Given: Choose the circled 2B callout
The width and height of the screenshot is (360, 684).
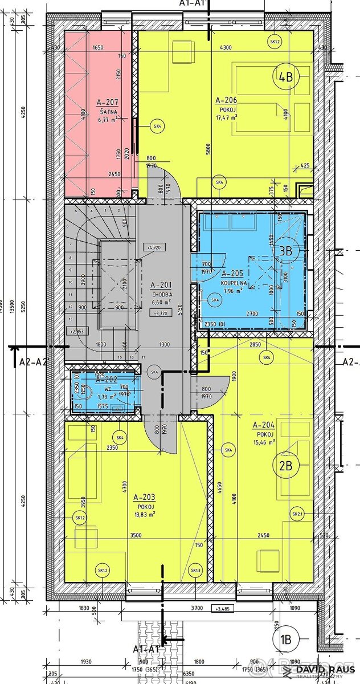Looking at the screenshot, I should pos(285,466).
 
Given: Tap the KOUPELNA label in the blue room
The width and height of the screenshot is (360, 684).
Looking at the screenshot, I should pos(228,282).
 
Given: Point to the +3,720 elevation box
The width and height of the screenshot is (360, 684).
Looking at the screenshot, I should pos(160,313).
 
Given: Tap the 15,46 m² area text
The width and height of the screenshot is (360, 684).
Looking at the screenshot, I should pos(264,441).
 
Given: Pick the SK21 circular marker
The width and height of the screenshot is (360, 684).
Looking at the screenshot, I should pos(296,515).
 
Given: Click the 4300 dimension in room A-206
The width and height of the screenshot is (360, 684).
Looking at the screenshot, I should pos(226,47).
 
